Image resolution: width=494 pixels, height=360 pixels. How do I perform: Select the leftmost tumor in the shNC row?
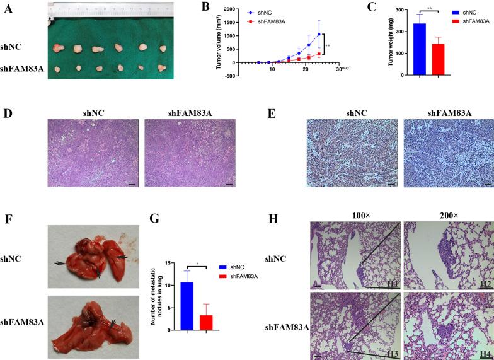[x=59, y=48]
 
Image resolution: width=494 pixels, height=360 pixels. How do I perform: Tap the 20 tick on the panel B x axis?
[x=305, y=69]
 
